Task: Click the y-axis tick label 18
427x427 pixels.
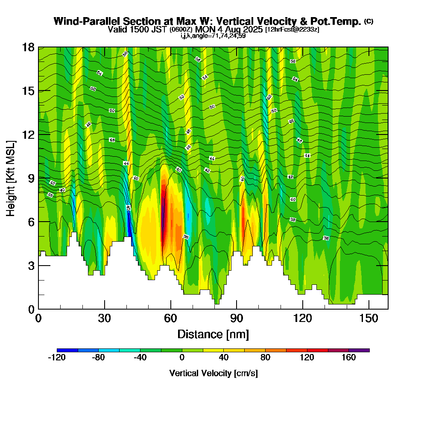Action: [28, 47]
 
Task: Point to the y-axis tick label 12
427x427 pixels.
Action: [28, 135]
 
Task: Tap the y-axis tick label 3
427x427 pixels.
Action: [31, 265]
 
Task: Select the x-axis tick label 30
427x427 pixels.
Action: [105, 319]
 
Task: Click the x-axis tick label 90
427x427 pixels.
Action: [237, 319]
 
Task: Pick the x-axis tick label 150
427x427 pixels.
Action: [368, 319]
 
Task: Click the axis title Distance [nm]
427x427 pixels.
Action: [213, 334]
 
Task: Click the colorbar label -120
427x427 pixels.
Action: [57, 358]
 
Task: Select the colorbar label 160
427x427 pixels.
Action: [348, 358]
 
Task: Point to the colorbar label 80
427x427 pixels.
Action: [266, 358]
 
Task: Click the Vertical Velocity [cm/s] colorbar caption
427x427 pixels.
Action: [213, 373]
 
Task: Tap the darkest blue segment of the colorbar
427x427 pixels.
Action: [67, 350]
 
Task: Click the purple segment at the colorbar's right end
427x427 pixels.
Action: [359, 350]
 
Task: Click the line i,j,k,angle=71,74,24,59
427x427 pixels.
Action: [213, 36]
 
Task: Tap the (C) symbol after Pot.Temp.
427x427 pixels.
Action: [369, 21]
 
